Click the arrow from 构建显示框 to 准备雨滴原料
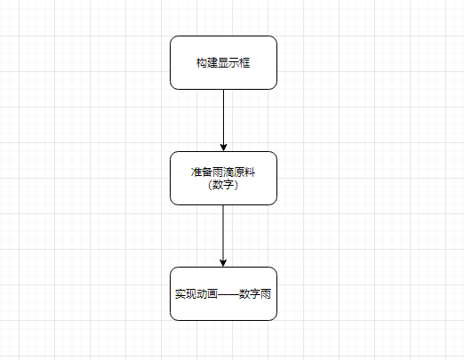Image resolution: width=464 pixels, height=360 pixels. click(x=223, y=116)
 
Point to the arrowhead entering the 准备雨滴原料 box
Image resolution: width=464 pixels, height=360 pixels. click(x=223, y=146)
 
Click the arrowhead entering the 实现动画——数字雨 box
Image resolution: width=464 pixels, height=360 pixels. click(x=223, y=261)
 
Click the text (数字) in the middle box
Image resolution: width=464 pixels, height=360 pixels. click(x=223, y=185)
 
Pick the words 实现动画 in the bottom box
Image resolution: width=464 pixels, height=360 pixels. click(x=196, y=293)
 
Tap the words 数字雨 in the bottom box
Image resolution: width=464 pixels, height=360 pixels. click(x=255, y=293)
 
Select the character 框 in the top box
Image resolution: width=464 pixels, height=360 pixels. click(x=244, y=62)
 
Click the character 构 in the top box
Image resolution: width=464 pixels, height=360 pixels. click(x=202, y=62)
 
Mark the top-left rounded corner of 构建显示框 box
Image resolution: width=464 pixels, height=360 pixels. click(x=173, y=39)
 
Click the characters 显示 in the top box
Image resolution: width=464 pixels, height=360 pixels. click(x=228, y=62)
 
